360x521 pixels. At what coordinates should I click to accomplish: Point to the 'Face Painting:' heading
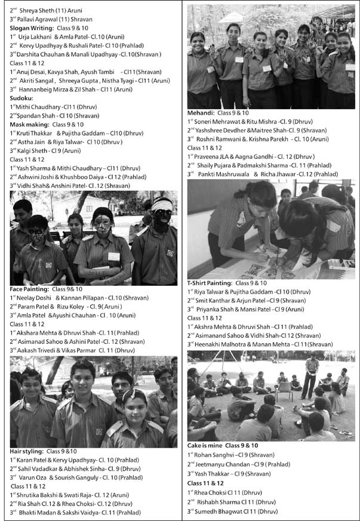coord(30,289)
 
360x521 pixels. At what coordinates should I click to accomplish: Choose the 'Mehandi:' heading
coord(202,113)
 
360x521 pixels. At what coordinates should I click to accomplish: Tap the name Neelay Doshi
coord(35,297)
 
